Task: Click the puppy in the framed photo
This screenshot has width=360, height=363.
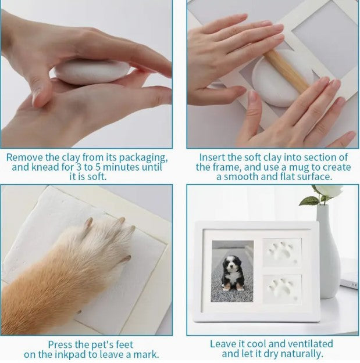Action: [233, 273]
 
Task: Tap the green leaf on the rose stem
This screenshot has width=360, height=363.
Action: [309, 200]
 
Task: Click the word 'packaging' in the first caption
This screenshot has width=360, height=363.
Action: [143, 158]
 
